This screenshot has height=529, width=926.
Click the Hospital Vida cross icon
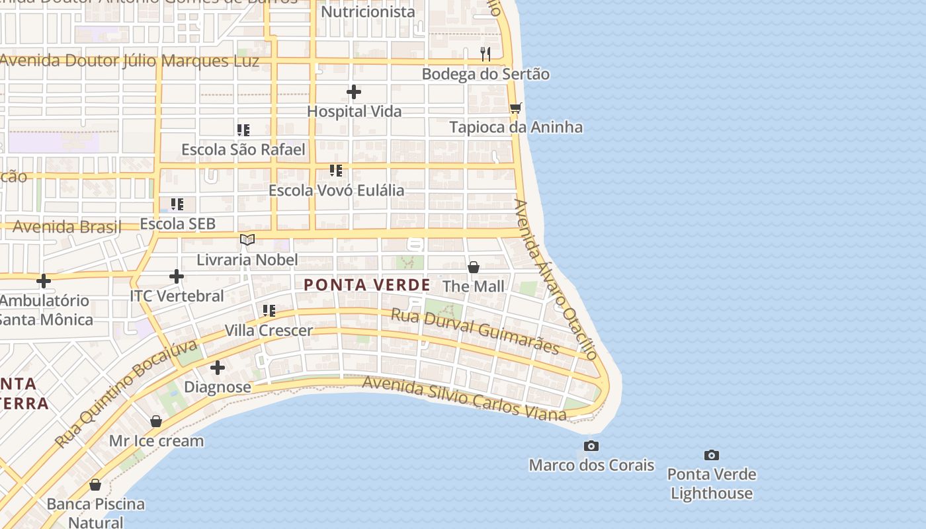point(354,92)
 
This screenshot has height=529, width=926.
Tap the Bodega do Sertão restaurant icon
point(485,54)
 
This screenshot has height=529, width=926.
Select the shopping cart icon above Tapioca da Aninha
point(516,108)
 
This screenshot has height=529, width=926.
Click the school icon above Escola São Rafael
point(243,130)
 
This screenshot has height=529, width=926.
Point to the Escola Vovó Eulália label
point(336,190)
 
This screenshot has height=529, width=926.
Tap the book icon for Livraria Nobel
point(247,239)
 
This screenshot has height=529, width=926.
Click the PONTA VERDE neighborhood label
point(367,285)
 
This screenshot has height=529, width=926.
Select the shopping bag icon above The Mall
point(474,267)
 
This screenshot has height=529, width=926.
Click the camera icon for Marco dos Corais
point(591,446)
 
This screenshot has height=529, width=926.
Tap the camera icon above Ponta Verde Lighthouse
point(712,455)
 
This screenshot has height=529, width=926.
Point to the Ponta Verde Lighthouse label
point(712,483)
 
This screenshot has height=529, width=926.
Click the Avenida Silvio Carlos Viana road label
point(464,398)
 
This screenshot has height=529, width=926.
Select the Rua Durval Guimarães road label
point(475,331)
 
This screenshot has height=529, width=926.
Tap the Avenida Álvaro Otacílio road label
point(556,280)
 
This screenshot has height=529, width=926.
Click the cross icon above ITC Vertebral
point(177,276)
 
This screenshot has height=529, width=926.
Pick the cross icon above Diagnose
point(218,368)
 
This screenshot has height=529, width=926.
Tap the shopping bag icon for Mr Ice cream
point(156,421)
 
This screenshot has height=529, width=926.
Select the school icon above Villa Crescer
point(269,310)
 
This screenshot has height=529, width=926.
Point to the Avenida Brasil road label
point(67,227)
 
